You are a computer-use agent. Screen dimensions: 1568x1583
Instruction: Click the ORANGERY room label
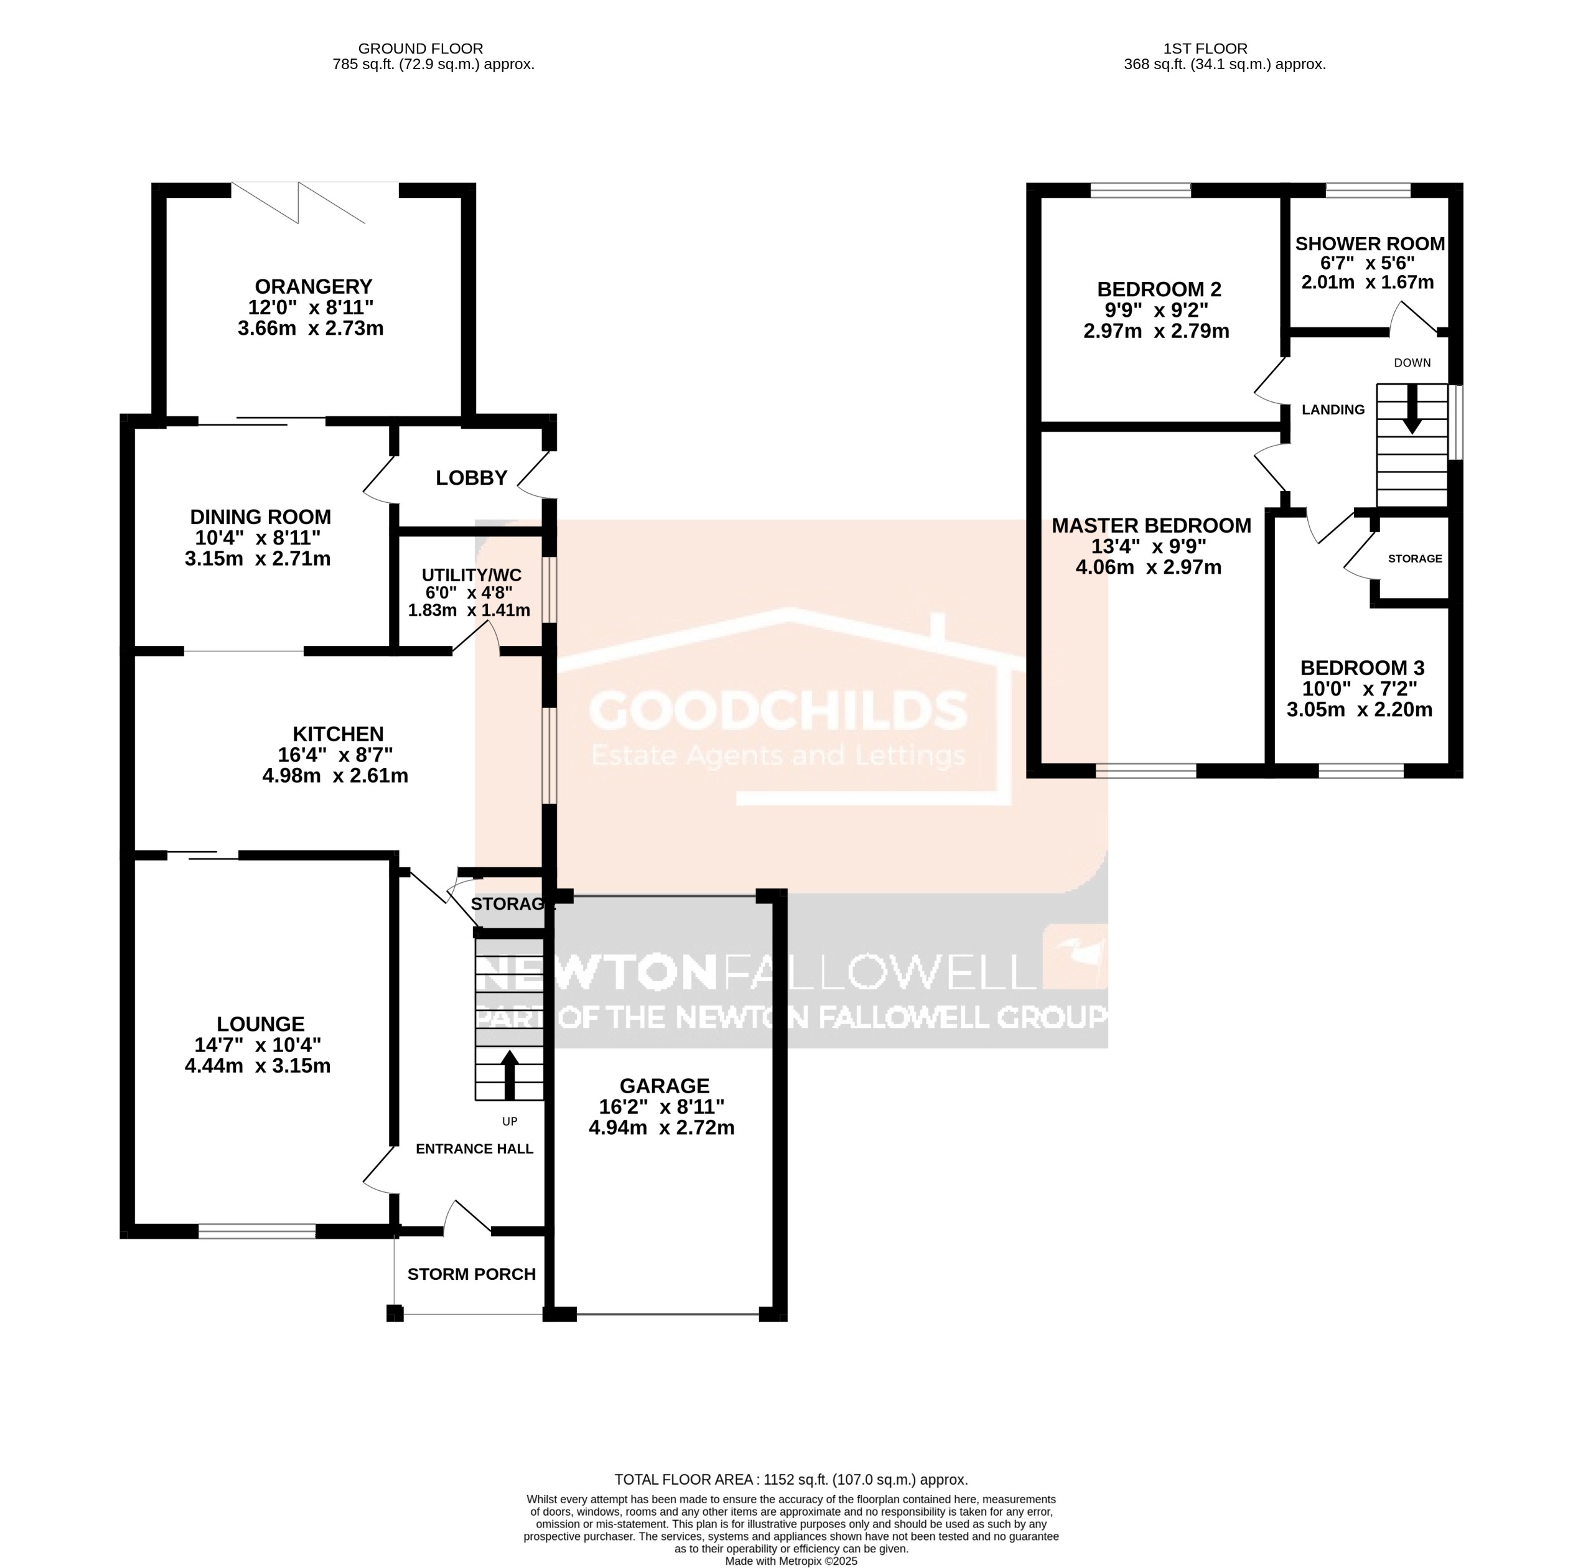(313, 287)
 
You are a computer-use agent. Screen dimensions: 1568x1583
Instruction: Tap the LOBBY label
(471, 478)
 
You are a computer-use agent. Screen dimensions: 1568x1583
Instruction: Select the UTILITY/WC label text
(471, 575)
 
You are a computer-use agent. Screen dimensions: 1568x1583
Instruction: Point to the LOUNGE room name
(261, 1024)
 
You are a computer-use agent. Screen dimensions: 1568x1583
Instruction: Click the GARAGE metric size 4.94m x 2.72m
(661, 1128)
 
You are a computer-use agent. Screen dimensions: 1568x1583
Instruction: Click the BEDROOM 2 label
(1159, 289)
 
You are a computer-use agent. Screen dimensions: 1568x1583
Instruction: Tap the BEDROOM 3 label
(1361, 668)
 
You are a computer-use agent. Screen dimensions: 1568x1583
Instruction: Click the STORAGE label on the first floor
(1414, 559)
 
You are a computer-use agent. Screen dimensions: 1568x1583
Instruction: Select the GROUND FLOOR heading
(421, 49)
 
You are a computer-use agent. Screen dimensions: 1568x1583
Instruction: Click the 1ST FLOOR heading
(1205, 49)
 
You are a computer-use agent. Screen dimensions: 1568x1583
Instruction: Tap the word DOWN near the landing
(1412, 363)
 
